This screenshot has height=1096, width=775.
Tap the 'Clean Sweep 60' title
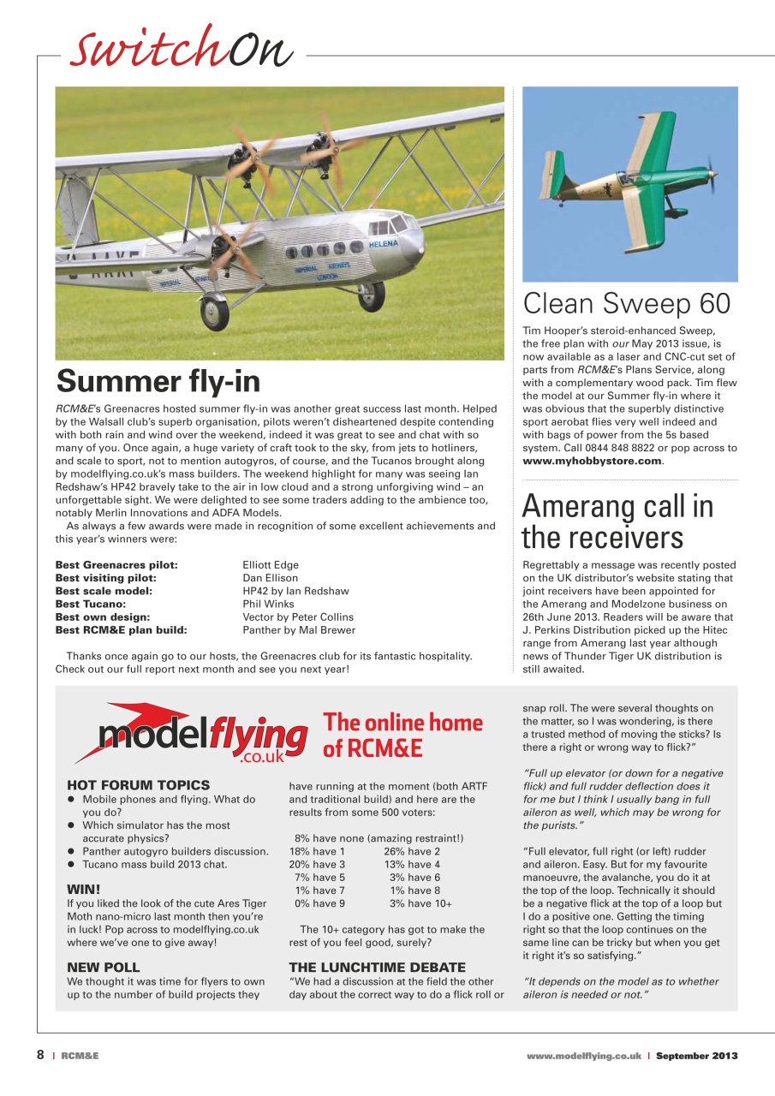627,303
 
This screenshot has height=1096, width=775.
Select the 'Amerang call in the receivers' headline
617,521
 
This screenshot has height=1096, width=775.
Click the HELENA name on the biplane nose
383,244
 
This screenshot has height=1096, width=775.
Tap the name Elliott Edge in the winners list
271,565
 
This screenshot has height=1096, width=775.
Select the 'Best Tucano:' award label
90,604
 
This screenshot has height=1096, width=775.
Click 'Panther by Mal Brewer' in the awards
299,629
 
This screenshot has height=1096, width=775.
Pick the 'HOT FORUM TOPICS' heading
138,784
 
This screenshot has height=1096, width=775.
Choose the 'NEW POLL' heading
103,967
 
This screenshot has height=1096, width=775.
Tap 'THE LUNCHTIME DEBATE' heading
378,967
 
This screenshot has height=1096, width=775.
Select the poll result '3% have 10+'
420,903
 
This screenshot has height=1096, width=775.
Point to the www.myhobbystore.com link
592,461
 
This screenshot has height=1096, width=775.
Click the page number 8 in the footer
40,1055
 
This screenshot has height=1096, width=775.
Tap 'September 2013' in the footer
696,1056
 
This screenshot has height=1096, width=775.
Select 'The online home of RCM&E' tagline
402,735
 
